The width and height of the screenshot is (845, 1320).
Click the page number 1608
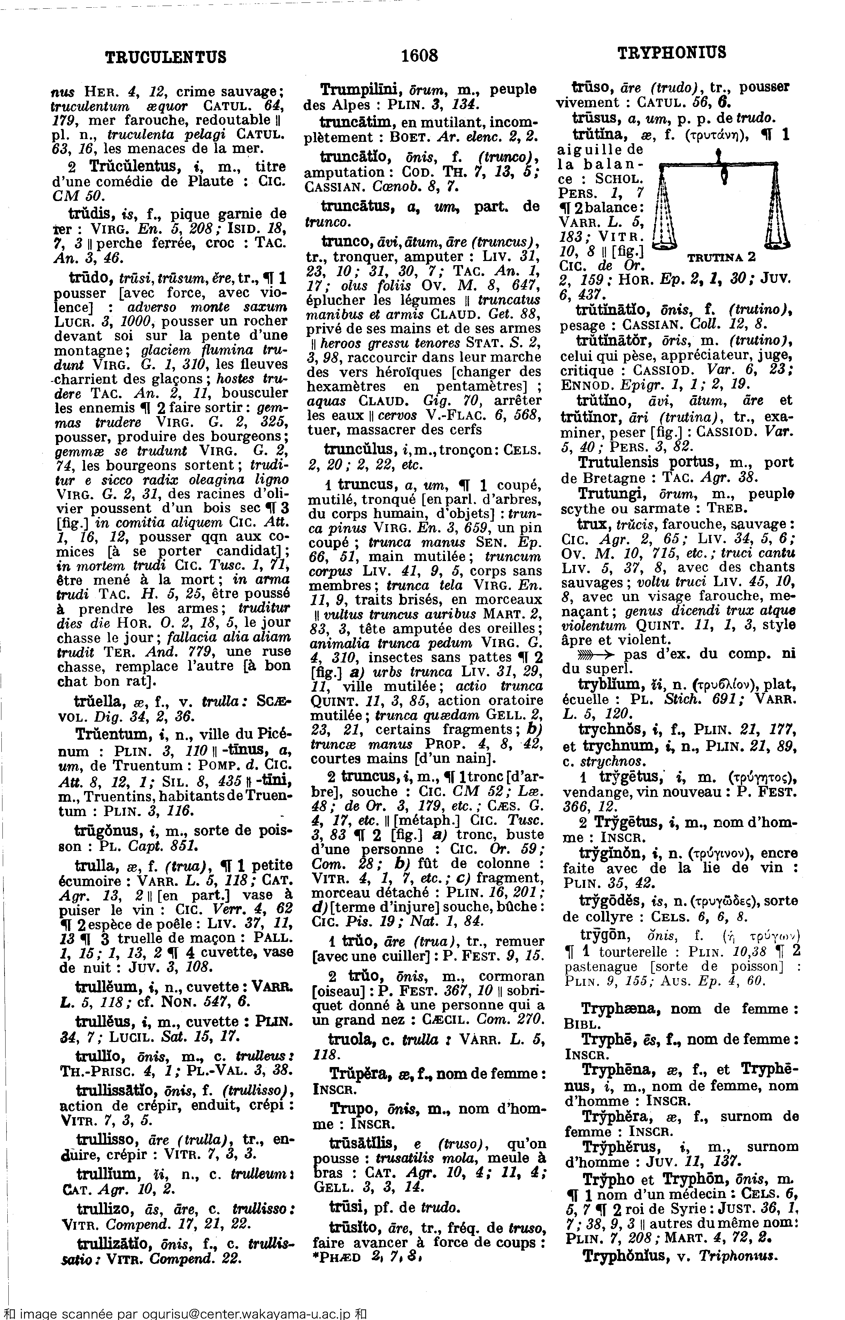pos(420,55)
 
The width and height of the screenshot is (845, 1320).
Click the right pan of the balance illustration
pos(776,239)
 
